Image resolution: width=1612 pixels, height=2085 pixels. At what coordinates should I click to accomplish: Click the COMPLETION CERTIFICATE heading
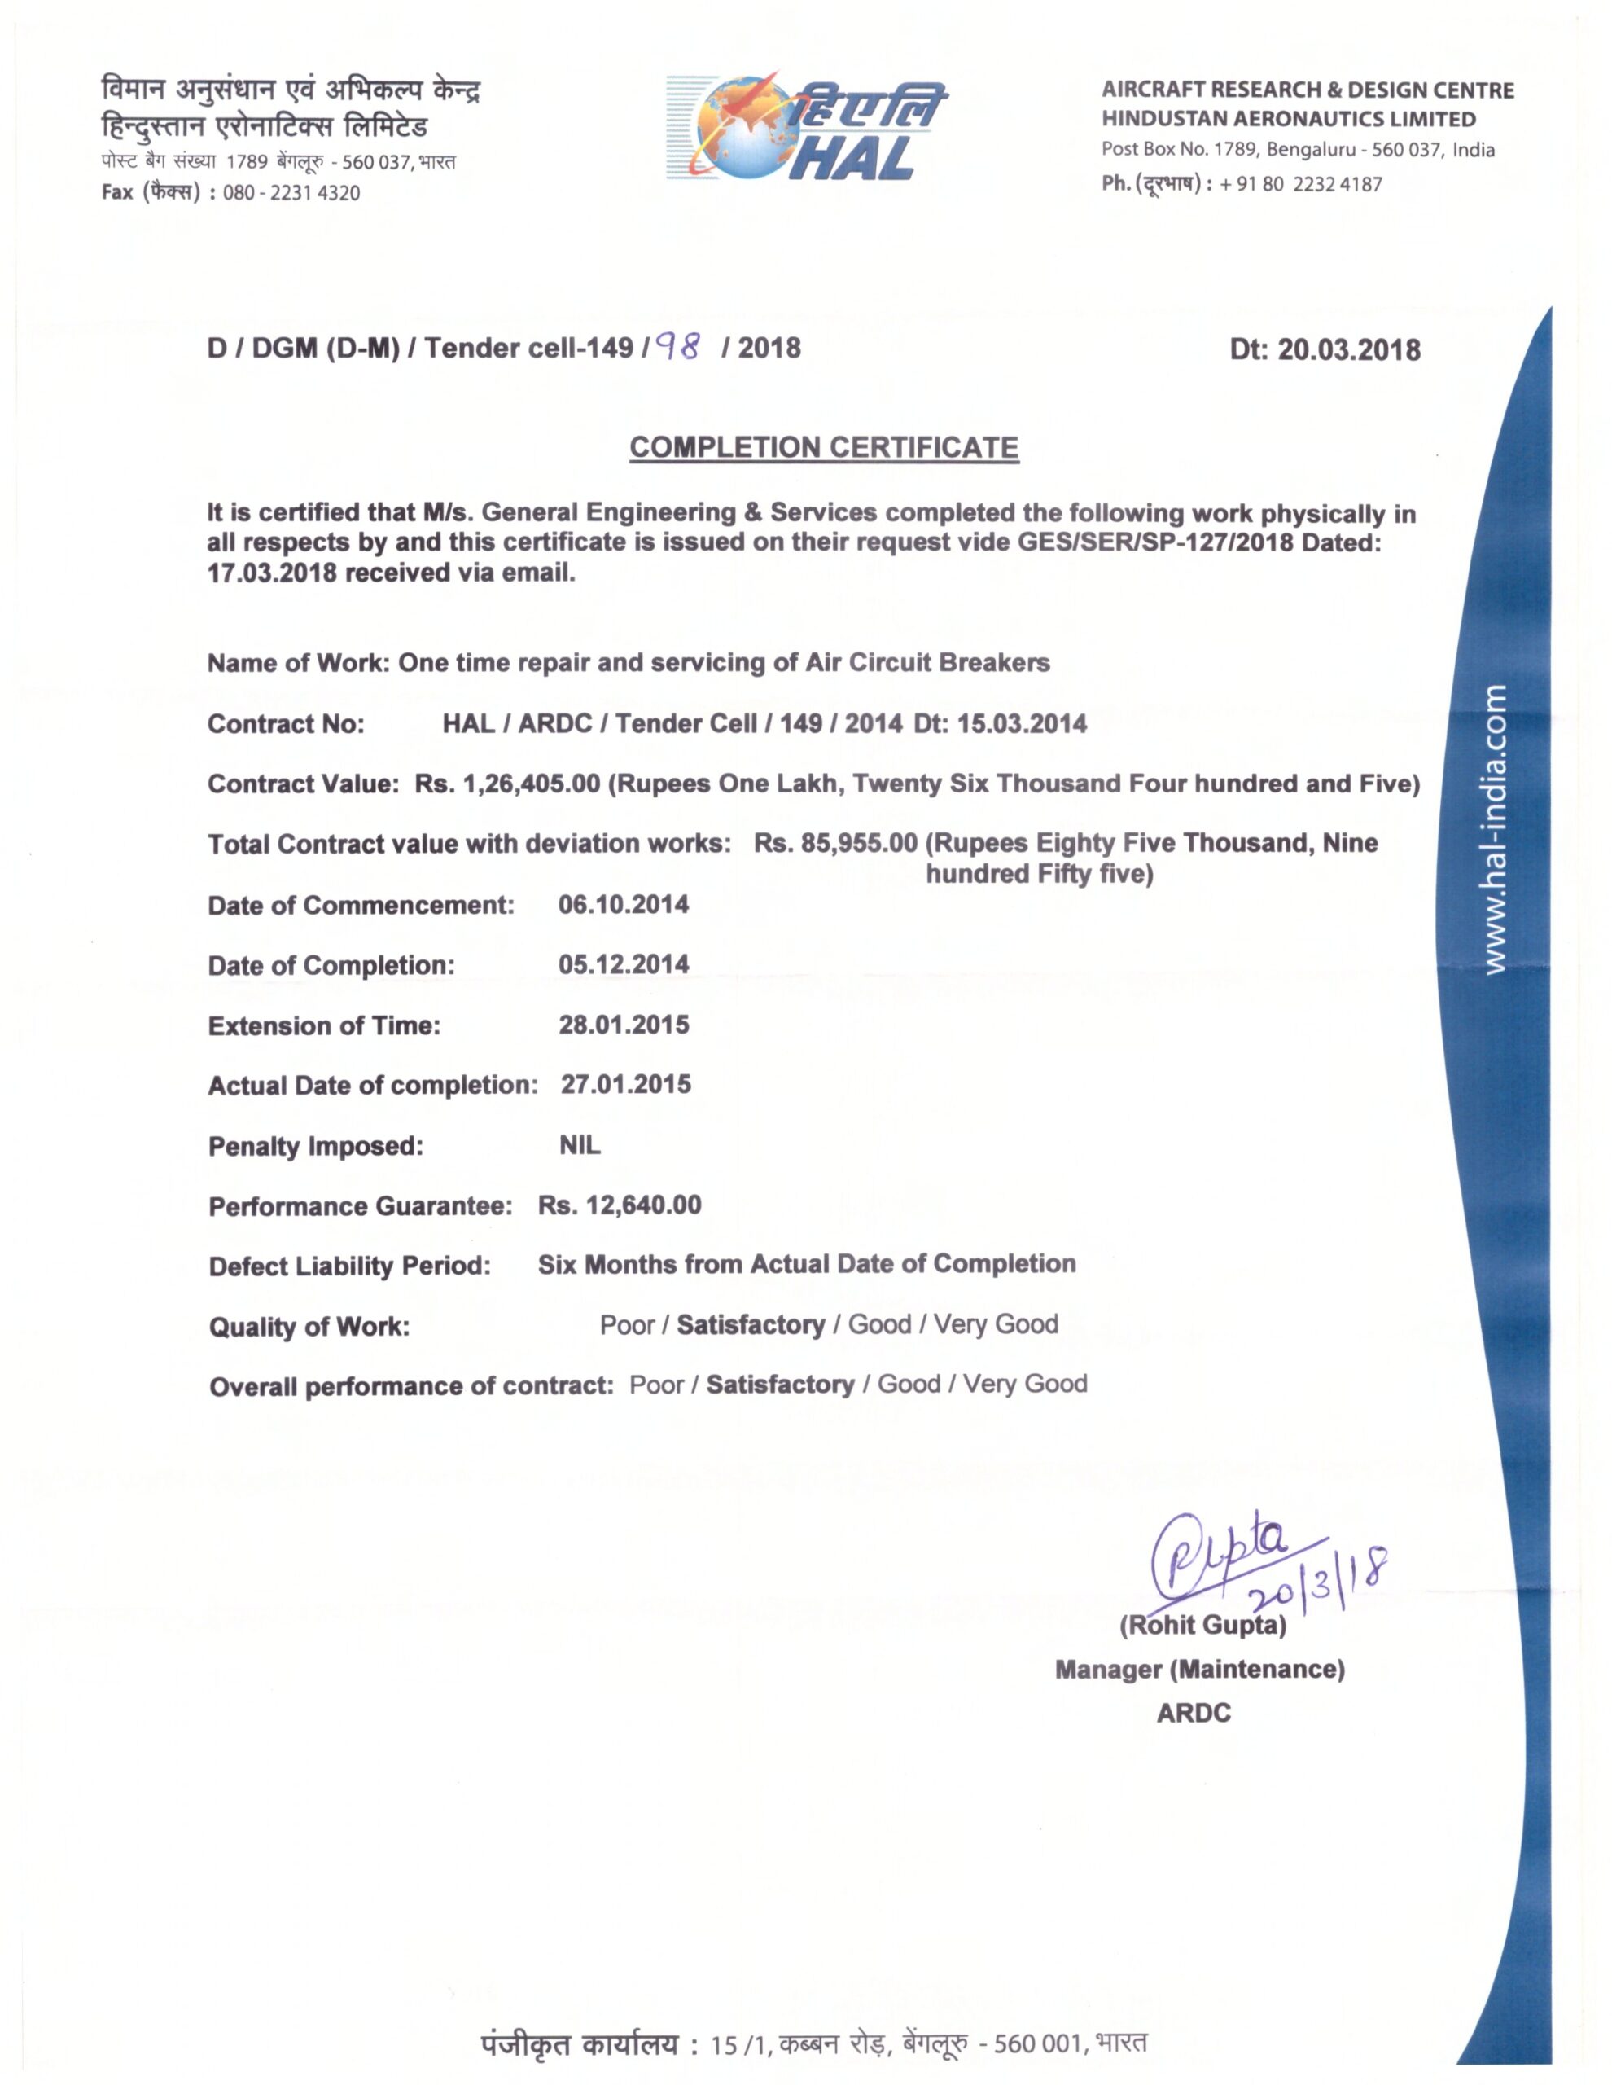pyautogui.click(x=824, y=448)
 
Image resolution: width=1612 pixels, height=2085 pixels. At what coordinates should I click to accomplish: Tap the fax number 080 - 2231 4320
pyautogui.click(x=291, y=193)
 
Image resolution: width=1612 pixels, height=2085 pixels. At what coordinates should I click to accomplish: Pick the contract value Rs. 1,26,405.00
pyautogui.click(x=508, y=784)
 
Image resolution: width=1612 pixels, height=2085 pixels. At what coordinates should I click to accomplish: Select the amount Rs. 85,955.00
pyautogui.click(x=836, y=844)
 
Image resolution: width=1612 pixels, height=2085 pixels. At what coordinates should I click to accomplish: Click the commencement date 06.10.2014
pyautogui.click(x=624, y=904)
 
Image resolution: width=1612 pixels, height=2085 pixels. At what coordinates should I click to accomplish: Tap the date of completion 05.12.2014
pyautogui.click(x=624, y=964)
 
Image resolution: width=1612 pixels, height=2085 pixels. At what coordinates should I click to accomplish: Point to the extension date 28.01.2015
pyautogui.click(x=624, y=1025)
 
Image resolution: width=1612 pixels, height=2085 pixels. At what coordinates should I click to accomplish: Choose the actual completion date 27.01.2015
pyautogui.click(x=625, y=1085)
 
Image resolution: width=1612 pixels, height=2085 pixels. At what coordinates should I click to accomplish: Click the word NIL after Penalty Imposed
pyautogui.click(x=580, y=1144)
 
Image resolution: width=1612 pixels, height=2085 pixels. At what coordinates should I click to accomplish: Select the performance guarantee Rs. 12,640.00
pyautogui.click(x=620, y=1205)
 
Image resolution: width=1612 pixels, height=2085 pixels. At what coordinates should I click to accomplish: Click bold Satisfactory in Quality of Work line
pyautogui.click(x=750, y=1325)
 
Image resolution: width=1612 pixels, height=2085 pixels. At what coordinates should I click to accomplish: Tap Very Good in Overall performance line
pyautogui.click(x=1024, y=1385)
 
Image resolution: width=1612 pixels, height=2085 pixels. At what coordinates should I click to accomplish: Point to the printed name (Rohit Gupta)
pyautogui.click(x=1202, y=1625)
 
